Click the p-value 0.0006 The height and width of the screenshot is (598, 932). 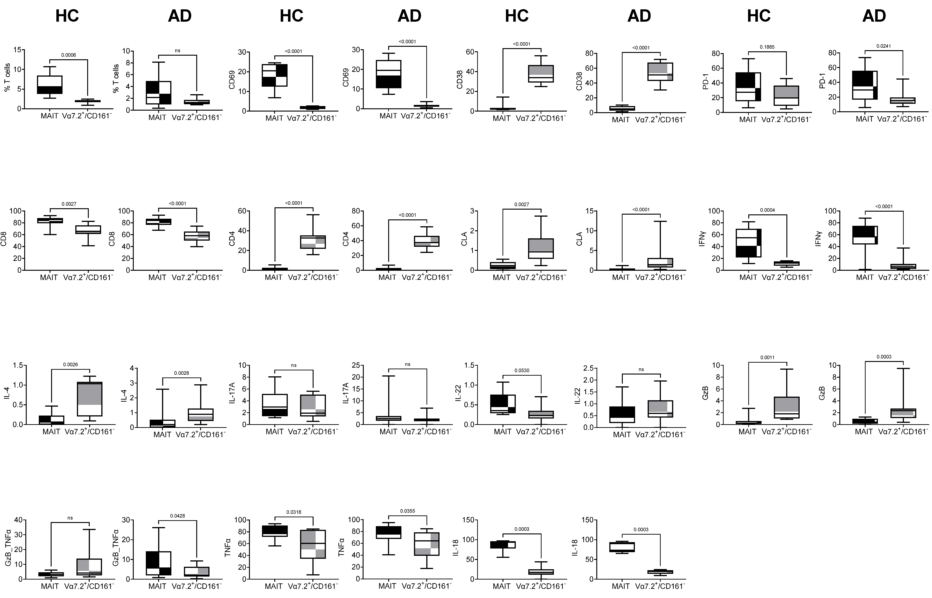[x=68, y=55]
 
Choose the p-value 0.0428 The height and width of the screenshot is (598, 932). [x=178, y=516]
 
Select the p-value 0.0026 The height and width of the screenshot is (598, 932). [x=70, y=365]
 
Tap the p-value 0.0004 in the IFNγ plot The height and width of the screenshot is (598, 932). [x=767, y=210]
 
